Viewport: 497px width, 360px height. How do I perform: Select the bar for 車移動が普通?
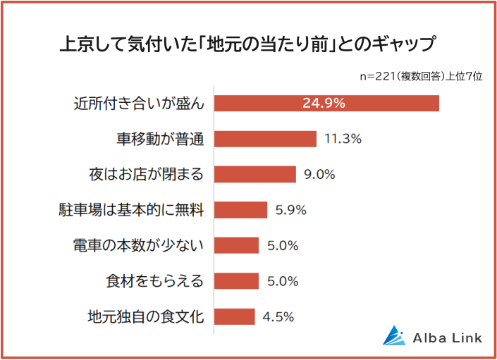click(265, 139)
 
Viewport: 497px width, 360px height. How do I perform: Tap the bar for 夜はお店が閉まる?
click(254, 174)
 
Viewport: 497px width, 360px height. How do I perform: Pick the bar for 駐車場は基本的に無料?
click(240, 210)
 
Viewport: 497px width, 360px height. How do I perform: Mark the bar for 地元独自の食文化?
click(234, 316)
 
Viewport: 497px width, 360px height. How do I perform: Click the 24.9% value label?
click(324, 103)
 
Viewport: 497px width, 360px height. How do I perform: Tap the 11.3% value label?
click(343, 139)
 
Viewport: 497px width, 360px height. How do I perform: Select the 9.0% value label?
click(319, 174)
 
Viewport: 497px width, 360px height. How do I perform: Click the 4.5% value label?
click(278, 316)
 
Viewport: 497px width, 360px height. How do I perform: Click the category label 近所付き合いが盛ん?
click(139, 103)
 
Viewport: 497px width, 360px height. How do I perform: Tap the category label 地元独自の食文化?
click(146, 316)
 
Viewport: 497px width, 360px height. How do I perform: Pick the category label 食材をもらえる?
click(153, 281)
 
